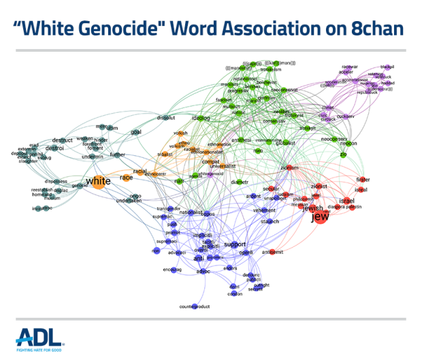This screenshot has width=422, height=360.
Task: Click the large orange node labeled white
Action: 99,180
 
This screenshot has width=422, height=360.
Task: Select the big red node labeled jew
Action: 319,218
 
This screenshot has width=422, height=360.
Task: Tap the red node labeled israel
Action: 348,201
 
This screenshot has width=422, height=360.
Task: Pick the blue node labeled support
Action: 234,244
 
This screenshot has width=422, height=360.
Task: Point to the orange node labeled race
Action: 127,178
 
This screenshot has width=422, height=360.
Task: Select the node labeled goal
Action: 136,132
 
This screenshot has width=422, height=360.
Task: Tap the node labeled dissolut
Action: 167,115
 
